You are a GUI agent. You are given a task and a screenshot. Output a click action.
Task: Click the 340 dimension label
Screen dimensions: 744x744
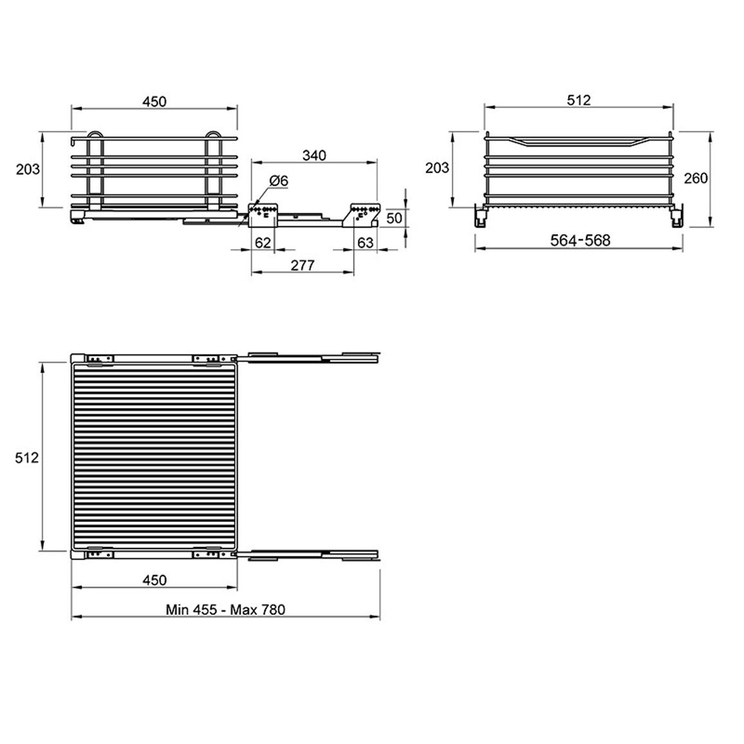point(314,155)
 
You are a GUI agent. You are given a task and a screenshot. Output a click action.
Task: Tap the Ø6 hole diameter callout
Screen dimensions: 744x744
point(279,181)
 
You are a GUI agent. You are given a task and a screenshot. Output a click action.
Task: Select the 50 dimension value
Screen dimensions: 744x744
point(394,218)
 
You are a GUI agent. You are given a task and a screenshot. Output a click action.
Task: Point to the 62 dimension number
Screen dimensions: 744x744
point(263,243)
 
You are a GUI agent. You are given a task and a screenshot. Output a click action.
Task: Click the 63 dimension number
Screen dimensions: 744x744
point(366,243)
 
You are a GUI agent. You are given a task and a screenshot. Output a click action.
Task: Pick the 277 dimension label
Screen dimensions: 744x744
point(302,265)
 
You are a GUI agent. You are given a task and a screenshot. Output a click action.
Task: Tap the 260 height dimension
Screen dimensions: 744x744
point(696,178)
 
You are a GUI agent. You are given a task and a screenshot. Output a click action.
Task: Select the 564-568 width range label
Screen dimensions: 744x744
point(580,240)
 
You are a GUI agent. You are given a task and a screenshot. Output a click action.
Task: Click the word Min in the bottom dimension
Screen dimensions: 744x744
point(177,609)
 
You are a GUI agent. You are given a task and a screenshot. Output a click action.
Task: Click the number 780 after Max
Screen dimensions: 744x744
point(273,609)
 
